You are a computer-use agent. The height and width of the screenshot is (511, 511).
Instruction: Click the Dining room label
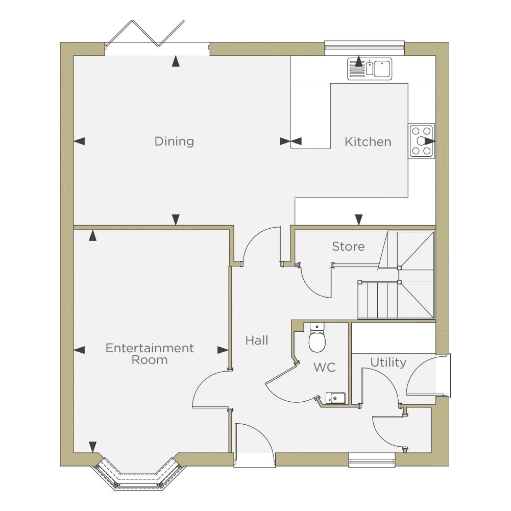point(174,141)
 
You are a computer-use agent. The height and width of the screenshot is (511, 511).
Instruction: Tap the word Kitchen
point(368,142)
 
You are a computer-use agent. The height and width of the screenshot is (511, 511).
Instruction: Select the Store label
point(348,247)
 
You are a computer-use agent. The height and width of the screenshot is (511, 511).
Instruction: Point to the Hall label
point(257,340)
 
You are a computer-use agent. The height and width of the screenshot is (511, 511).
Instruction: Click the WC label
point(324,367)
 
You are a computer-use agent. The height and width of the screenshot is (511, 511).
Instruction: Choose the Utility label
point(388,362)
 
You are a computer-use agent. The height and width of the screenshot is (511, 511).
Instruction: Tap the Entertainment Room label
point(150,354)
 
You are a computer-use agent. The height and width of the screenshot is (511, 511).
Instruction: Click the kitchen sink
point(370,68)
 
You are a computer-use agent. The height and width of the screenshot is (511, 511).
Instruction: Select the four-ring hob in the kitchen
point(422,141)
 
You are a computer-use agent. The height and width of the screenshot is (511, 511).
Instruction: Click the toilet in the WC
point(317,337)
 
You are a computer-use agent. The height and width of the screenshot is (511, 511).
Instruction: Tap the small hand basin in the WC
point(335,398)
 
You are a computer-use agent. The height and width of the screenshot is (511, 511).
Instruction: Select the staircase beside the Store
point(396,275)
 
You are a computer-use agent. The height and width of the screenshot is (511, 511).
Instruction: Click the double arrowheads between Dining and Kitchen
point(290,141)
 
